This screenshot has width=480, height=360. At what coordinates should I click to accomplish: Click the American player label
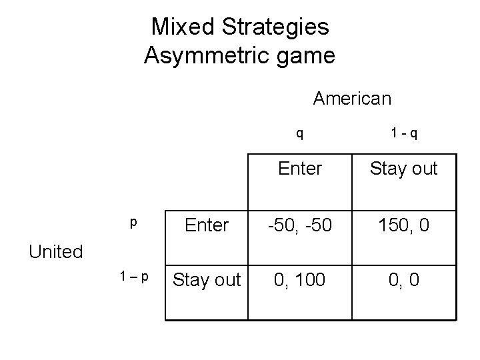pos(352,99)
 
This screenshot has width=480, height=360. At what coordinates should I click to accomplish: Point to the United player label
pos(55,251)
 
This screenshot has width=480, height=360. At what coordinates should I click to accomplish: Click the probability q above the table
pos(300,133)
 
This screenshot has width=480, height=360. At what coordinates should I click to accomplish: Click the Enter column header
pos(300,169)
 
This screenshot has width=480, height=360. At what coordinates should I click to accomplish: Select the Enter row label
pos(207,225)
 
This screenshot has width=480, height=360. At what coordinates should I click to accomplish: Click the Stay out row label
pos(207,280)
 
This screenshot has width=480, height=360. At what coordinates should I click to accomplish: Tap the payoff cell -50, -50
pos(300,225)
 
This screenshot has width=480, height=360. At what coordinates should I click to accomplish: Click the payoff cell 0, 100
pos(300,280)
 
